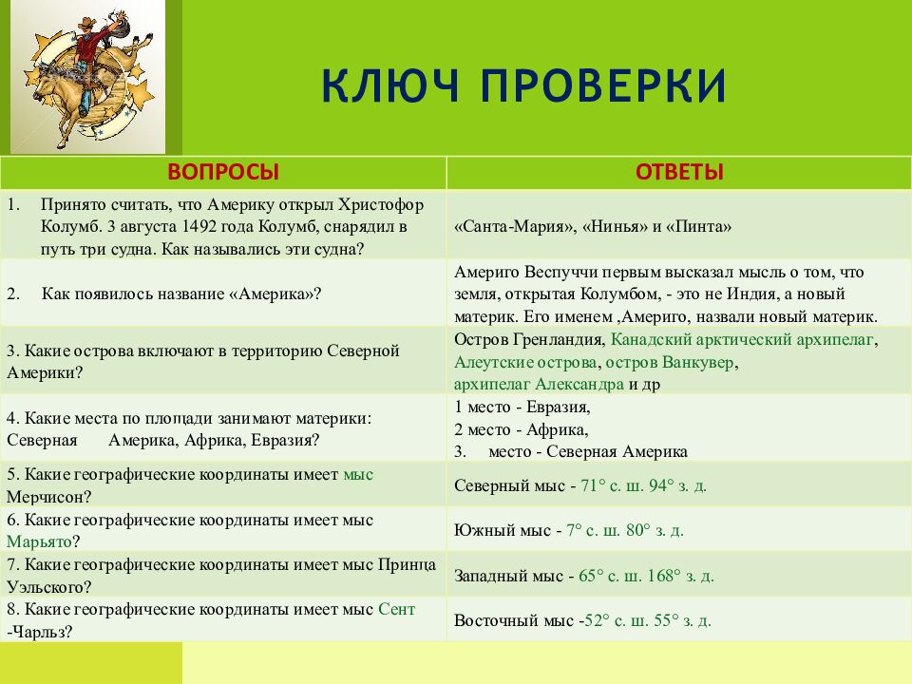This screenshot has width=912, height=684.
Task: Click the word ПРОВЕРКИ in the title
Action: (602, 86)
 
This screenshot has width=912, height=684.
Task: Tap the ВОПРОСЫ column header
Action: (223, 172)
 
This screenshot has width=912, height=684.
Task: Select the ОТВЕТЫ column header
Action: (678, 172)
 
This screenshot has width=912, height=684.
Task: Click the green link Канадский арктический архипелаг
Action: (744, 339)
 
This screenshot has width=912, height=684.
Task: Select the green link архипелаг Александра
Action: (538, 384)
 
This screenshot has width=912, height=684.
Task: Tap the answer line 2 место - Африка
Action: (522, 429)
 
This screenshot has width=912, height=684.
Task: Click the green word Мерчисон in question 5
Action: (48, 496)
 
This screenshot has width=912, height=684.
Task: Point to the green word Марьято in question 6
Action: (39, 541)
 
